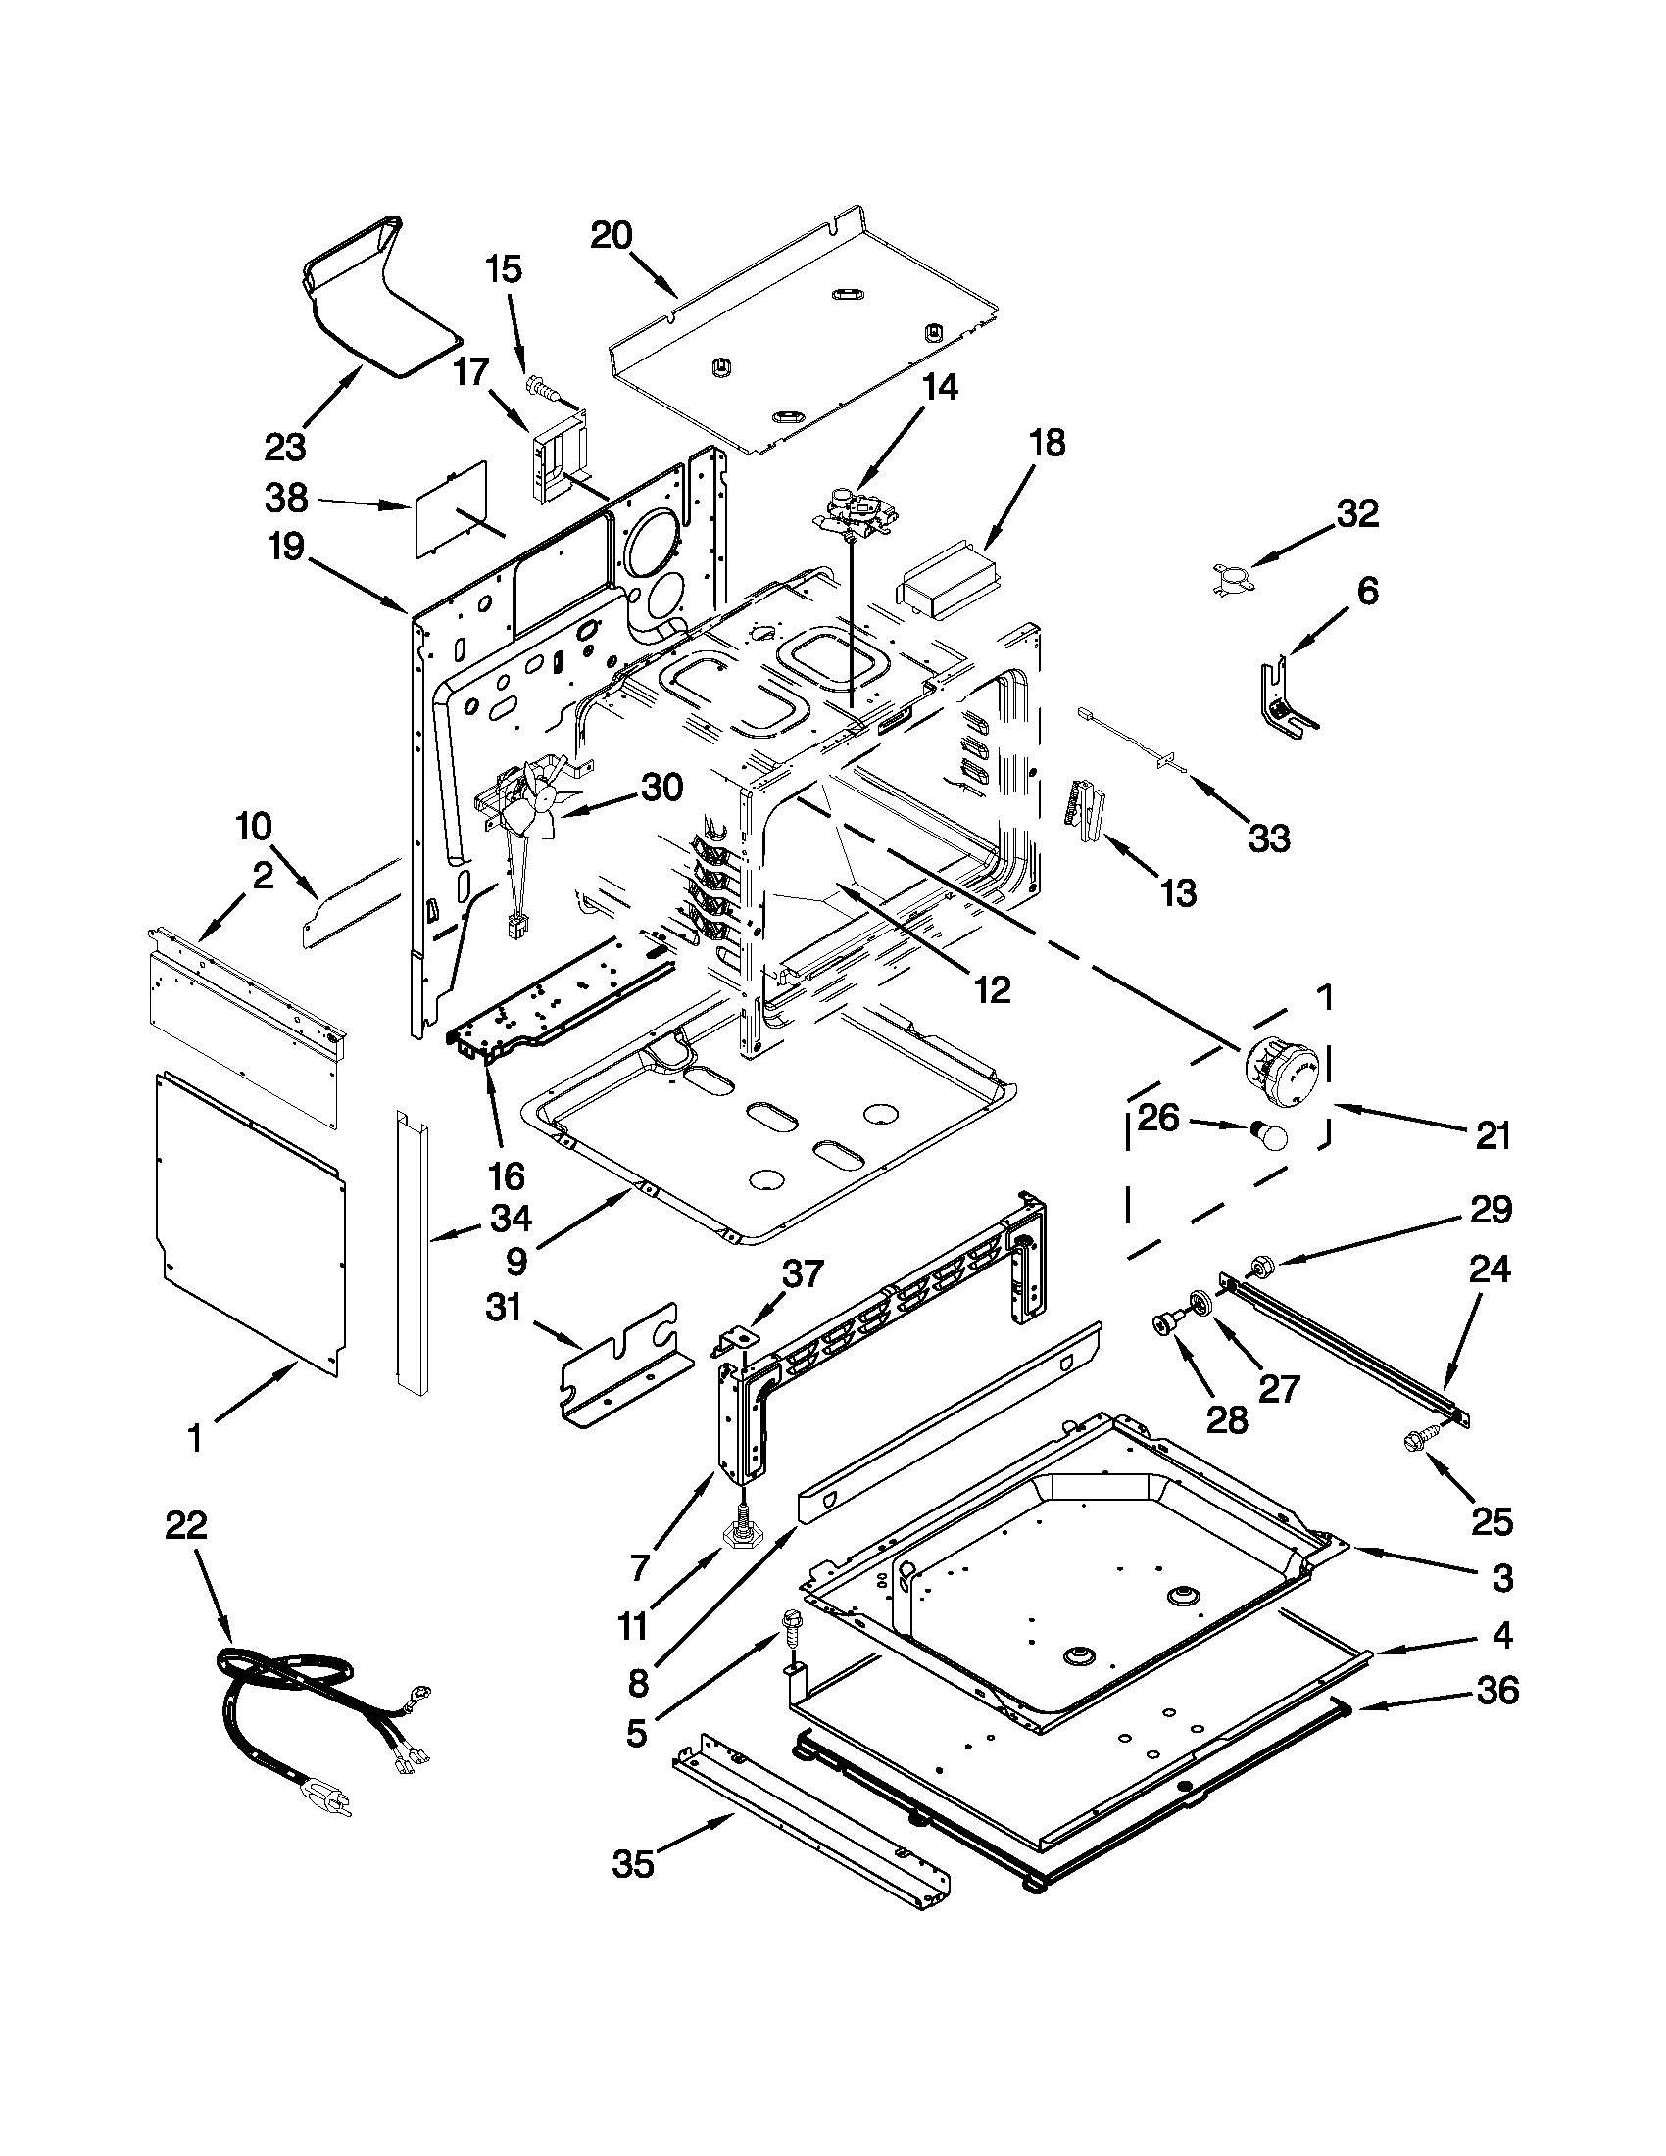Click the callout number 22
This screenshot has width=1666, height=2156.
pos(185,1525)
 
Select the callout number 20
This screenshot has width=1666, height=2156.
pos(612,236)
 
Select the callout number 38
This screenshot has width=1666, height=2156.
pos(286,498)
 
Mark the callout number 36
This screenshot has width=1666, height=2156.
pos(1497,1690)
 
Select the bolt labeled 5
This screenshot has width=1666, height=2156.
pos(791,1624)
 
